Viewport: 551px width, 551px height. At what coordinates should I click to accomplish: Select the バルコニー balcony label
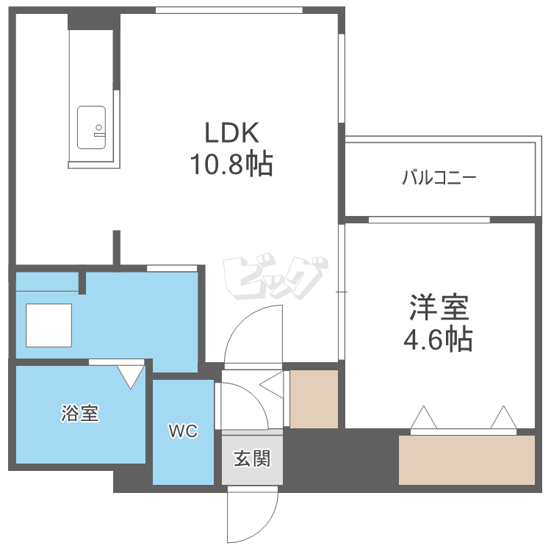click(439, 177)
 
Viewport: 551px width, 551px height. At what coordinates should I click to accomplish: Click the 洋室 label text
click(439, 307)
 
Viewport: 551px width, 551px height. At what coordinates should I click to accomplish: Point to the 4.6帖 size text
click(439, 339)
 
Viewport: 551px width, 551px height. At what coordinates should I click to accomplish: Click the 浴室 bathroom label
click(79, 414)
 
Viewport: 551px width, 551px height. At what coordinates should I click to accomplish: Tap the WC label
click(183, 431)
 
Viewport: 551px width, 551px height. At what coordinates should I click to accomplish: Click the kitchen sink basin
click(92, 128)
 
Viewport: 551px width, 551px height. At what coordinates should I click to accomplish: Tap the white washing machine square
click(49, 325)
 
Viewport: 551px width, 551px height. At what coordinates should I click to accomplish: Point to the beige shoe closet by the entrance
click(314, 399)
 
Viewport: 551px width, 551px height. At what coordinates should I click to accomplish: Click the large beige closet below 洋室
click(467, 460)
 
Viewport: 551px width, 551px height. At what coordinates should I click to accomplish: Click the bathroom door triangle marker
click(132, 375)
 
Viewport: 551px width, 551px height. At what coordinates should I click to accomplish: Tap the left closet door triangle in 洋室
click(423, 418)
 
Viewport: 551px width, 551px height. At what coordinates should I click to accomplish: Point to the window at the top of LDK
click(229, 10)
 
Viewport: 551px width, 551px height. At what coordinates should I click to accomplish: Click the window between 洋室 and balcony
click(429, 220)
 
